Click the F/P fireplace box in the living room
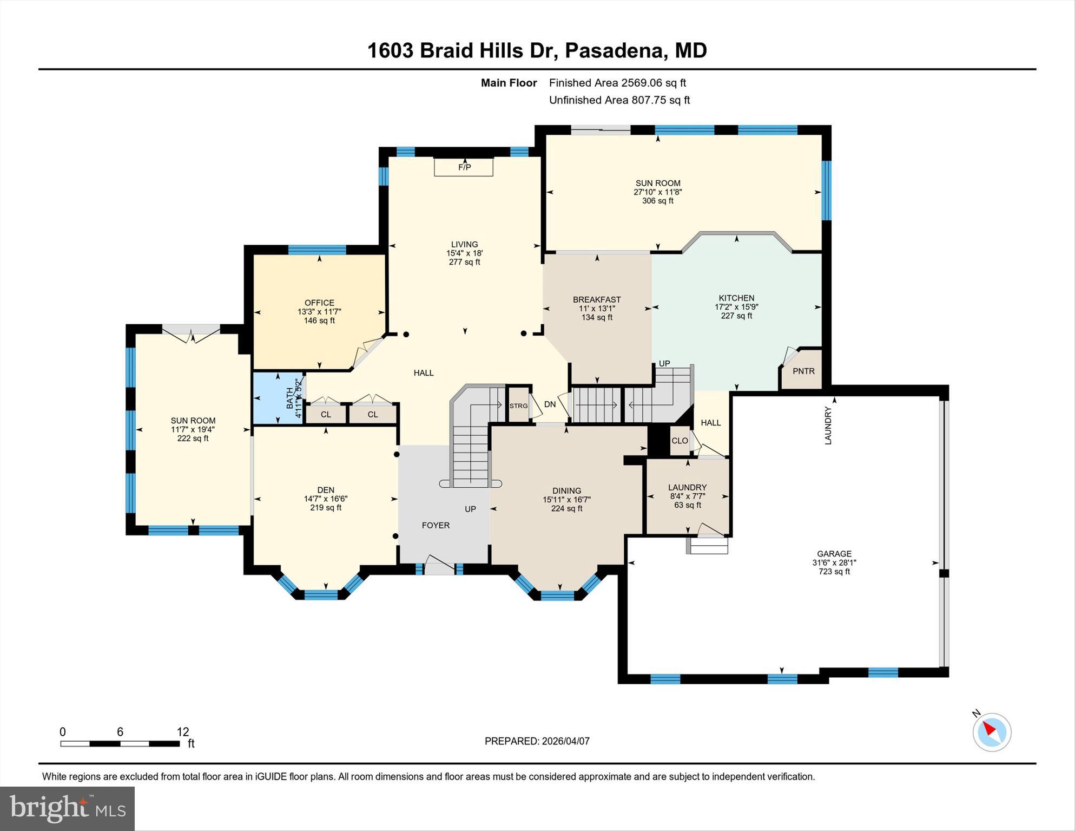(x=464, y=167)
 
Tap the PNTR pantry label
(x=803, y=371)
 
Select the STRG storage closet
(x=518, y=405)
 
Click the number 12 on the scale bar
(x=183, y=732)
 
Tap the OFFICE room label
(x=319, y=303)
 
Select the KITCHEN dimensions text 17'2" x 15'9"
(x=736, y=307)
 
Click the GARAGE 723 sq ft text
(x=834, y=571)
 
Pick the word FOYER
(x=436, y=525)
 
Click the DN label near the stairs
(x=550, y=404)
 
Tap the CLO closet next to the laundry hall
(x=680, y=441)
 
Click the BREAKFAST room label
(x=597, y=299)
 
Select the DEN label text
(x=326, y=490)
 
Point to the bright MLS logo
(x=67, y=809)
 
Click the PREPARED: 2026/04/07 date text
(x=537, y=741)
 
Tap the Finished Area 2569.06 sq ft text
(x=617, y=83)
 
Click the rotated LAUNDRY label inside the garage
(x=828, y=426)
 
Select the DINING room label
(x=566, y=490)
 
